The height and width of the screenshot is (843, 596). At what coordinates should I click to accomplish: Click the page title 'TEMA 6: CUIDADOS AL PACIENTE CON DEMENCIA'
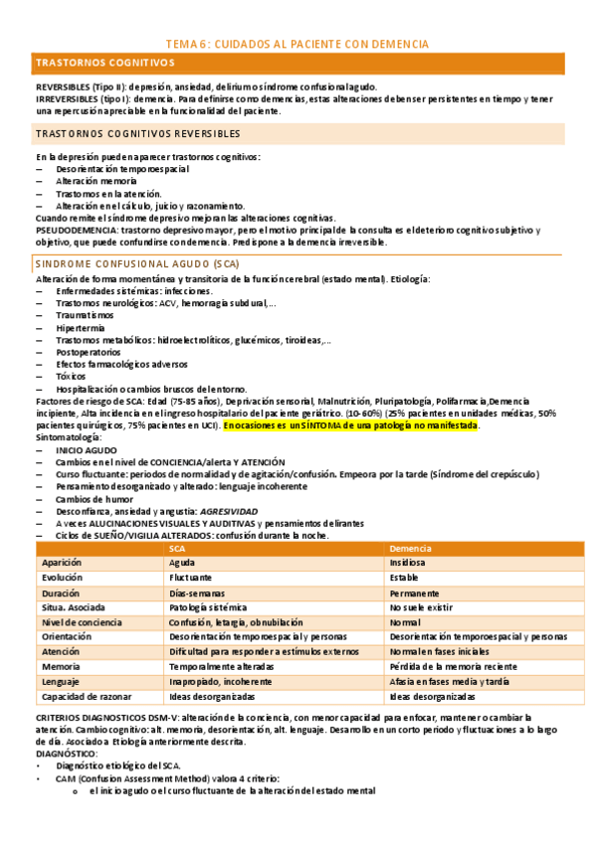[298, 44]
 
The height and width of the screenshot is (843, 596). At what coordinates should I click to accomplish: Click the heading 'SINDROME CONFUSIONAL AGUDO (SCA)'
[123, 263]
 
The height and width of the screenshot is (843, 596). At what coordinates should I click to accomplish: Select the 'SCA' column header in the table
[177, 549]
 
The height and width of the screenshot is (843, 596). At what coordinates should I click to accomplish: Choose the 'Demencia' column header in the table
[410, 549]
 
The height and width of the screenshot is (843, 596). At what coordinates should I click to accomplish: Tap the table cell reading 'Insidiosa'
[408, 562]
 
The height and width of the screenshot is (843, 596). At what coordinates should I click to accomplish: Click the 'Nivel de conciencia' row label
[82, 622]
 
